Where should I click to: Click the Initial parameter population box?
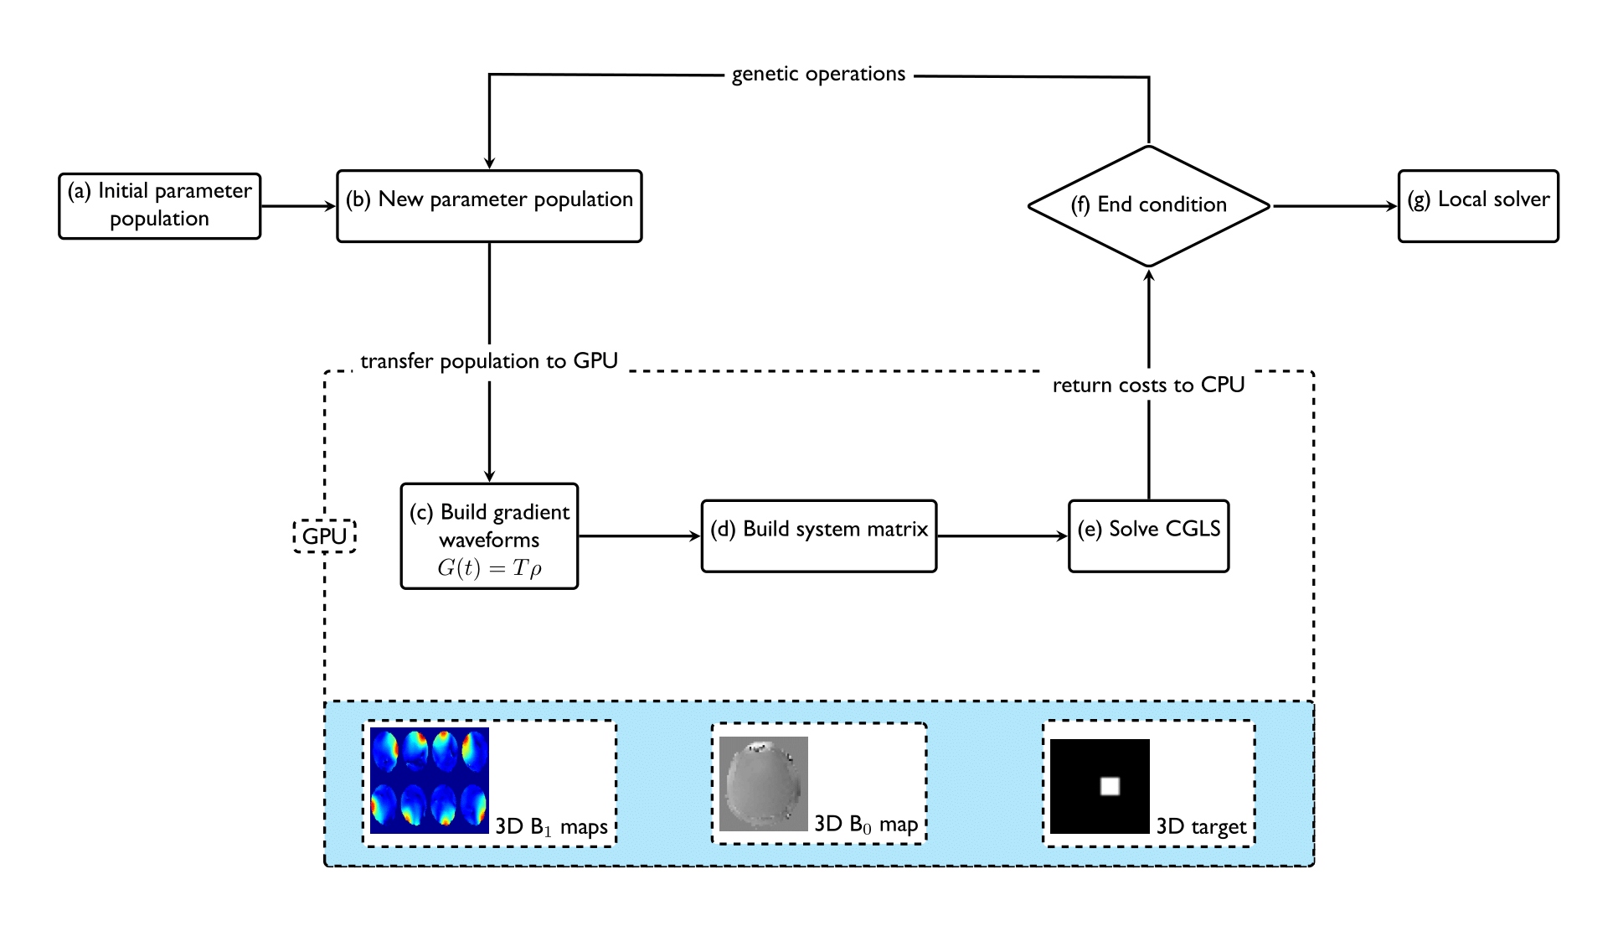coord(159,206)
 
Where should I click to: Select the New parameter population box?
coord(489,206)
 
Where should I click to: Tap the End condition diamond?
coord(1148,206)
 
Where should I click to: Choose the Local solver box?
coord(1478,206)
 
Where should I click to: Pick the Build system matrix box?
coord(818,536)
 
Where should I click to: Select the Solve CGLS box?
coord(1148,536)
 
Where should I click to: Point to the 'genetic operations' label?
coord(818,75)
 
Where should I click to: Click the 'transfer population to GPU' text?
coord(489,361)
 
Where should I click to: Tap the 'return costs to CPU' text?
coord(1148,385)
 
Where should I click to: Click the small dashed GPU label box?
coord(324,536)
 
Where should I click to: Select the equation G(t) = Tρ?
coord(489,568)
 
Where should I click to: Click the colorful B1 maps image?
coord(430,780)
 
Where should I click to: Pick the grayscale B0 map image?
coord(763,784)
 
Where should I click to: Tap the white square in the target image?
coord(1110,786)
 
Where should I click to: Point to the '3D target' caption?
coord(1201,827)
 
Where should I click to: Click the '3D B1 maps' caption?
coord(551,827)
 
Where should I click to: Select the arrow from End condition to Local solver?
coord(1334,206)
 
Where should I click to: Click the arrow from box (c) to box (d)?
coord(639,536)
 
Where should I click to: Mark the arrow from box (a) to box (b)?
coord(298,206)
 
